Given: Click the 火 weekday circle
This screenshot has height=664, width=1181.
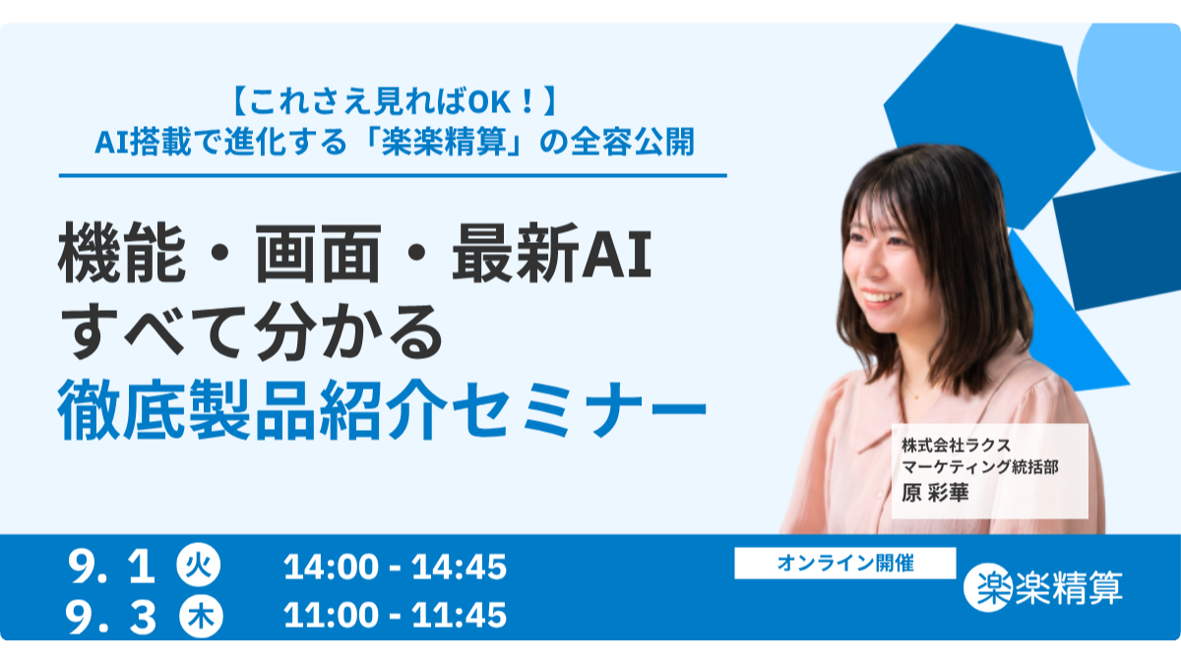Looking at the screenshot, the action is click(198, 566).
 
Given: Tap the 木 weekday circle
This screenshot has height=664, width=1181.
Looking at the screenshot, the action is click(201, 616).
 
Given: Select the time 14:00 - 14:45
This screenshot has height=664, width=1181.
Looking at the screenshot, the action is click(395, 567).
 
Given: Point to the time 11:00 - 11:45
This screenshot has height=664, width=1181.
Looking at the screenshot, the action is click(395, 615).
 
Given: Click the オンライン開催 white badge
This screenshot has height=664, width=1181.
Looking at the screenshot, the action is click(845, 563).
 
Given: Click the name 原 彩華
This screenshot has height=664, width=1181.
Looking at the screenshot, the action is click(935, 493).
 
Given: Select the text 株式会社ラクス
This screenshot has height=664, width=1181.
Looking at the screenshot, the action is click(956, 446).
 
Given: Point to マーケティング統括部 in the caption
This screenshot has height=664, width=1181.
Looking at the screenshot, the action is click(979, 467).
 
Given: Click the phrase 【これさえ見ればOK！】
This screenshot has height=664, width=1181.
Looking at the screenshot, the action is click(394, 100).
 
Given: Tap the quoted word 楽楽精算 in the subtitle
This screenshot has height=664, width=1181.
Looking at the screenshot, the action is click(444, 143).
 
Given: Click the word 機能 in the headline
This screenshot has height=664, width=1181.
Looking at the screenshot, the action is click(122, 254).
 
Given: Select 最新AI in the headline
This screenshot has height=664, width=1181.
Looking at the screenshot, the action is click(552, 254).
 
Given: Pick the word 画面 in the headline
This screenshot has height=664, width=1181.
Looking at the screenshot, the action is click(319, 254).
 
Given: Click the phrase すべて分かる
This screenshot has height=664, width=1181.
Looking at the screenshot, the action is click(252, 332).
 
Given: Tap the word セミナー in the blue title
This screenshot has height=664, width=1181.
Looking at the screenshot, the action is click(579, 409).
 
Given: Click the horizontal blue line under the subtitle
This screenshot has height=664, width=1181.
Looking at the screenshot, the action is click(393, 175).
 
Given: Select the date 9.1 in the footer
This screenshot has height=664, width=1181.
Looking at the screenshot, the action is click(112, 568).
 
